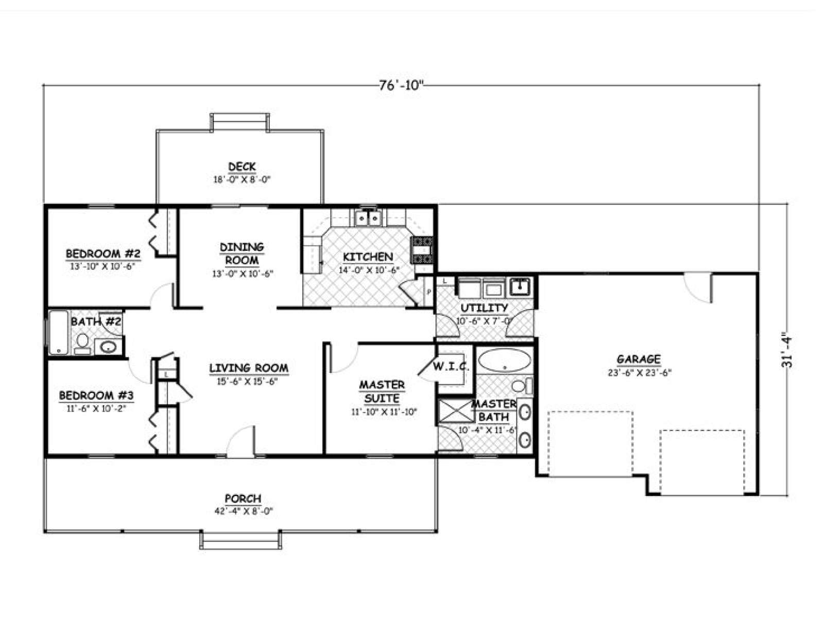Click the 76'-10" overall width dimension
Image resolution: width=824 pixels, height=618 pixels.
401,85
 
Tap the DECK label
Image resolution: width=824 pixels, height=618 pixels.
242,166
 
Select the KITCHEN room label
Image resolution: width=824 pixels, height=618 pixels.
368,257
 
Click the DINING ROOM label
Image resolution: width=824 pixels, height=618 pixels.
242,254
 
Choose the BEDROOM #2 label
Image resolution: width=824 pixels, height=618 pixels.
103,254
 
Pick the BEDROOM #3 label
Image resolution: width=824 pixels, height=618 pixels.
96,396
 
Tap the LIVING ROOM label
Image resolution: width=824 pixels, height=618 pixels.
249,368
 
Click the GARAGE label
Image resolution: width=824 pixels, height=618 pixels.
639,359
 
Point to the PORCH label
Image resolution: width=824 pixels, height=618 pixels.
243,499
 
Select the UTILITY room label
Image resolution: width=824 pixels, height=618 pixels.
484,308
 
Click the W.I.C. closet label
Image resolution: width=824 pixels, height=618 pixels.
451,366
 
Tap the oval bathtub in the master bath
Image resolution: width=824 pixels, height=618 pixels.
505,360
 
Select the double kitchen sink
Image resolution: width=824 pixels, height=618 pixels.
368,217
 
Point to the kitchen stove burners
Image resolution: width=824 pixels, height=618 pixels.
422,250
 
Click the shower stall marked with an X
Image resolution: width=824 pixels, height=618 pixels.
456,411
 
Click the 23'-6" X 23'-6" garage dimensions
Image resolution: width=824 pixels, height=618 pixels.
639,373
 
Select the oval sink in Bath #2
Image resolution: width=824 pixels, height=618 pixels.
108,347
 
